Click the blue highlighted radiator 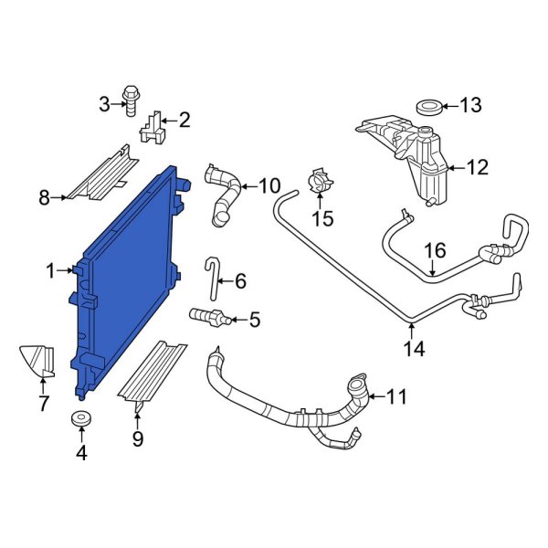click(128, 283)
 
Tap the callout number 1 click(51, 269)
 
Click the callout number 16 click(434, 249)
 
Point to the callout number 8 click(44, 195)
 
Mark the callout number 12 click(478, 167)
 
